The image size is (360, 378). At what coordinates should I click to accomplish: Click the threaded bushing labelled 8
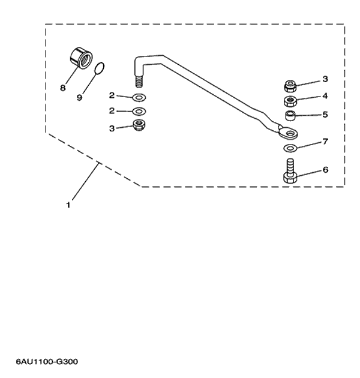pos(81,58)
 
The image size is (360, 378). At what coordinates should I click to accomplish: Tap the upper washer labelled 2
pos(139,97)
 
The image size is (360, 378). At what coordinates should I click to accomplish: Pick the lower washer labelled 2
pos(139,112)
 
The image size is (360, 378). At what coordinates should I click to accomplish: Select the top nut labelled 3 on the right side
pos(290,86)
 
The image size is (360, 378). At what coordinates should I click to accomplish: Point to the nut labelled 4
pos(290,101)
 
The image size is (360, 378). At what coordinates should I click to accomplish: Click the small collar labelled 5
pos(290,115)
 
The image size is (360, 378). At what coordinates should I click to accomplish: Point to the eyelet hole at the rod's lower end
pos(289,133)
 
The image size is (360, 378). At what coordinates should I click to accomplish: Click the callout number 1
pos(68,205)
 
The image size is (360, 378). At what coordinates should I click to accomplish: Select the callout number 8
pos(62,88)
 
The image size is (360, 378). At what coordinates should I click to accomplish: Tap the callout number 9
pos(79,97)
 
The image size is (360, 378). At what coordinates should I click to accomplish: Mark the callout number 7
pos(325,142)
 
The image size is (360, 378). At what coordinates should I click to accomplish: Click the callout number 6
pos(325,170)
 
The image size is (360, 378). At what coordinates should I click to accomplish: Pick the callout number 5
pos(325,114)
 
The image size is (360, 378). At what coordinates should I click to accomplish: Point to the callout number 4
pos(325,96)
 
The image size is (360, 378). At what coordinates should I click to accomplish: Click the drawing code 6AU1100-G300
pos(47,362)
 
